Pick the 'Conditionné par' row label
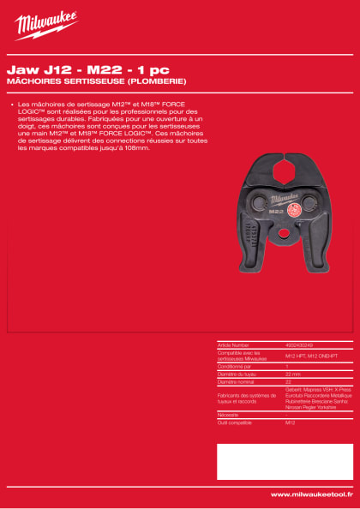(x=235, y=367)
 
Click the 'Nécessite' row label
(x=227, y=415)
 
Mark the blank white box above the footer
(x=284, y=461)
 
